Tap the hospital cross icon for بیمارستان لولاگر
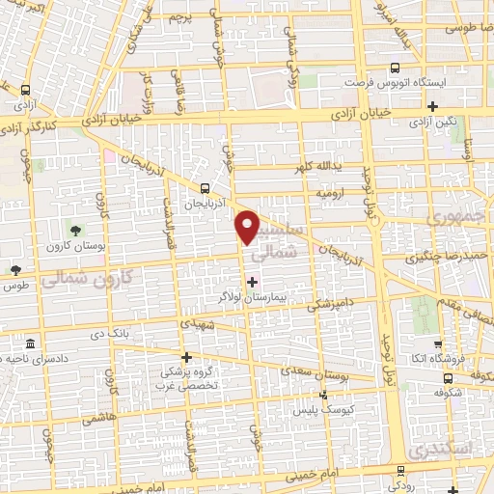[253, 282]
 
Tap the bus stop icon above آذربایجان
[205, 189]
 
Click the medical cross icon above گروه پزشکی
[186, 357]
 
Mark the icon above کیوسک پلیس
[324, 394]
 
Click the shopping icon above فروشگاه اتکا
[438, 343]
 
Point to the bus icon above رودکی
[399, 472]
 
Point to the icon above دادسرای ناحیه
[32, 344]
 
